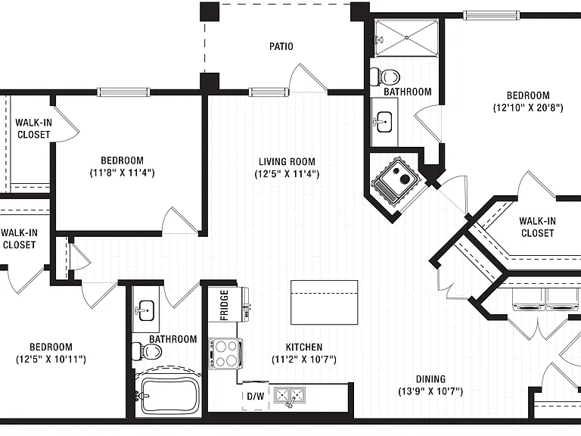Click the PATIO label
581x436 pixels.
(x=281, y=46)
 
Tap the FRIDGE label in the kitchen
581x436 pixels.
(x=224, y=305)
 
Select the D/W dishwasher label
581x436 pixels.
(x=256, y=397)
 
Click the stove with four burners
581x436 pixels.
(x=225, y=353)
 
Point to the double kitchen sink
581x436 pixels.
(x=290, y=396)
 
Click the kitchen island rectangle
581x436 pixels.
(x=325, y=302)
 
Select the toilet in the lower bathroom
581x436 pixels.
(x=147, y=351)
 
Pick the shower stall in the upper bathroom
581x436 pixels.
(x=406, y=37)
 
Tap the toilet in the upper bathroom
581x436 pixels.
(x=385, y=77)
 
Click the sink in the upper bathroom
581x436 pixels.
(x=384, y=122)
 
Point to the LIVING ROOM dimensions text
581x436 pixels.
(x=287, y=174)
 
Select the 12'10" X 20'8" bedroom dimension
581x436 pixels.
(x=528, y=108)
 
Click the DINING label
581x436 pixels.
(x=430, y=379)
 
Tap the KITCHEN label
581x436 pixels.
(x=304, y=347)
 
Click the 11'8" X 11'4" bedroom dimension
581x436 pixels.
(x=123, y=173)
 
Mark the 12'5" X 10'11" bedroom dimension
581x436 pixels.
(x=51, y=360)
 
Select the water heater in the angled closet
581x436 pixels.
(x=396, y=181)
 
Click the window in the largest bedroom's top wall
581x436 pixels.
(x=491, y=15)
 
